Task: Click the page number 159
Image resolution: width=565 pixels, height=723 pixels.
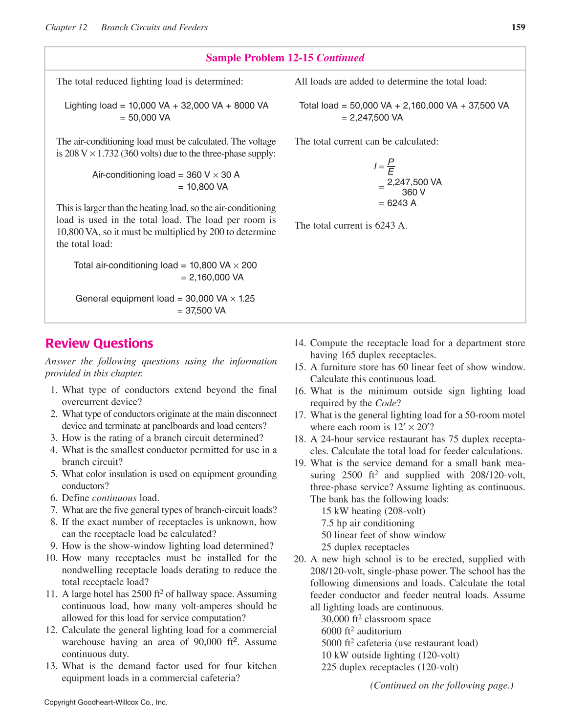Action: pyautogui.click(x=518, y=27)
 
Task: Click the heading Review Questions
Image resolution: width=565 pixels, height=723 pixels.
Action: pyautogui.click(x=99, y=344)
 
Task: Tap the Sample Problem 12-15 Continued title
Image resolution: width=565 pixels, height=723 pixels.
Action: pyautogui.click(x=285, y=58)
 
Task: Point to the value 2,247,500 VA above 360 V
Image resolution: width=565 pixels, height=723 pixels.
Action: pyautogui.click(x=414, y=182)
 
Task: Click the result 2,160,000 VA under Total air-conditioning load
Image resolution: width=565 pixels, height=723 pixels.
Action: pyautogui.click(x=216, y=278)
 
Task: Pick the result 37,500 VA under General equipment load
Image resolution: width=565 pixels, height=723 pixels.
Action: pyautogui.click(x=205, y=311)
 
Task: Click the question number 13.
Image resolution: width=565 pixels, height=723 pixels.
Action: pyautogui.click(x=51, y=666)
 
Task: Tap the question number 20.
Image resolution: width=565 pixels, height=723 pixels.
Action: pyautogui.click(x=300, y=559)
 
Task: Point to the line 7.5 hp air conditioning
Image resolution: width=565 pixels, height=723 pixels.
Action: pyautogui.click(x=368, y=523)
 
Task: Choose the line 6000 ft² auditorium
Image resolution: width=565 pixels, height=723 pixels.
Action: pyautogui.click(x=361, y=632)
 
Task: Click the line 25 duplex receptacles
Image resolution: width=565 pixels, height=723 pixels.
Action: pyautogui.click(x=365, y=548)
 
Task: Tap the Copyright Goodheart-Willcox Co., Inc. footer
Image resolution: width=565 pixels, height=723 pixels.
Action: pyautogui.click(x=106, y=702)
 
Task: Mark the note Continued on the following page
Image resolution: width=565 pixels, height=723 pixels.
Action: pyautogui.click(x=441, y=685)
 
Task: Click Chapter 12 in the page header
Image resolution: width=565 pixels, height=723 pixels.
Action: pyautogui.click(x=66, y=27)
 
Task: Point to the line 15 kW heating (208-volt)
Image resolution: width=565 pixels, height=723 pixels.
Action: pyautogui.click(x=373, y=511)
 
